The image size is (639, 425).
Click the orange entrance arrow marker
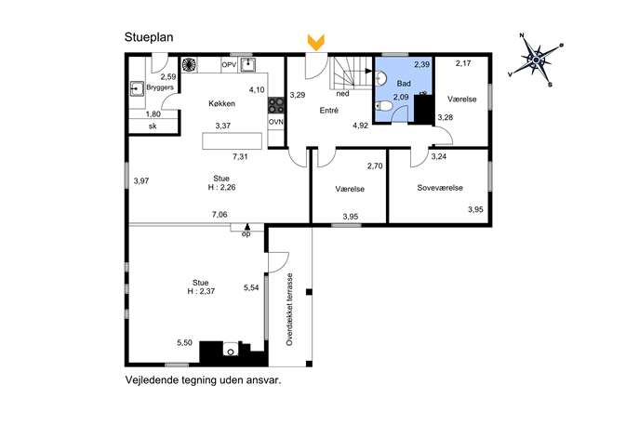316,43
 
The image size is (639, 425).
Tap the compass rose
536,60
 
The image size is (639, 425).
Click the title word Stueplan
149,37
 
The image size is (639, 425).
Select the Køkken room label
221,103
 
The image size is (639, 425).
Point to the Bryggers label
160,87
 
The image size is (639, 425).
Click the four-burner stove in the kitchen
276,105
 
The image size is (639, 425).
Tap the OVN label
276,122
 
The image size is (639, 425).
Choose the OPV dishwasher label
229,65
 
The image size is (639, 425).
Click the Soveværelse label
440,188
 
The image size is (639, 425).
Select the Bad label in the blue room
404,84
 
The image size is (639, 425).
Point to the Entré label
329,110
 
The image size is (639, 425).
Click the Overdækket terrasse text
290,310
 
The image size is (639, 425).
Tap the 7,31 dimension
240,156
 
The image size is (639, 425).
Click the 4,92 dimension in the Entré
360,126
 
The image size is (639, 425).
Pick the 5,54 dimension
251,287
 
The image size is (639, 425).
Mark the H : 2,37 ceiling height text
201,291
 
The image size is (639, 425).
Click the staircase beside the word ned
351,73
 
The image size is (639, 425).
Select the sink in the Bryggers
137,88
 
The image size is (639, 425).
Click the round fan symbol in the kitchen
189,65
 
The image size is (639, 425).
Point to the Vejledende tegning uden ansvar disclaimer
204,380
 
